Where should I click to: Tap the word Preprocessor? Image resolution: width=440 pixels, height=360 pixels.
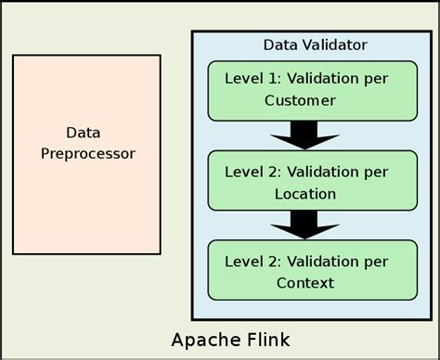coord(88,153)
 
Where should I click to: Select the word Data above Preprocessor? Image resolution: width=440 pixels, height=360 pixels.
coord(83,132)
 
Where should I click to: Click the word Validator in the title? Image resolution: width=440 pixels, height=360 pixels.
coord(332,45)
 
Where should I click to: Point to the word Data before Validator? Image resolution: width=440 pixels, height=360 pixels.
coord(280,45)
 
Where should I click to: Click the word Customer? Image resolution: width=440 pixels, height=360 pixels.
coord(299,100)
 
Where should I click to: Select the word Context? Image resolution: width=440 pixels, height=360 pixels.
coord(299,282)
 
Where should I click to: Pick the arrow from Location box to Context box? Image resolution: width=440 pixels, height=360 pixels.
coord(299,224)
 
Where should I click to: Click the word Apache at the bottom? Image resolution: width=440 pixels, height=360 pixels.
coord(203,337)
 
